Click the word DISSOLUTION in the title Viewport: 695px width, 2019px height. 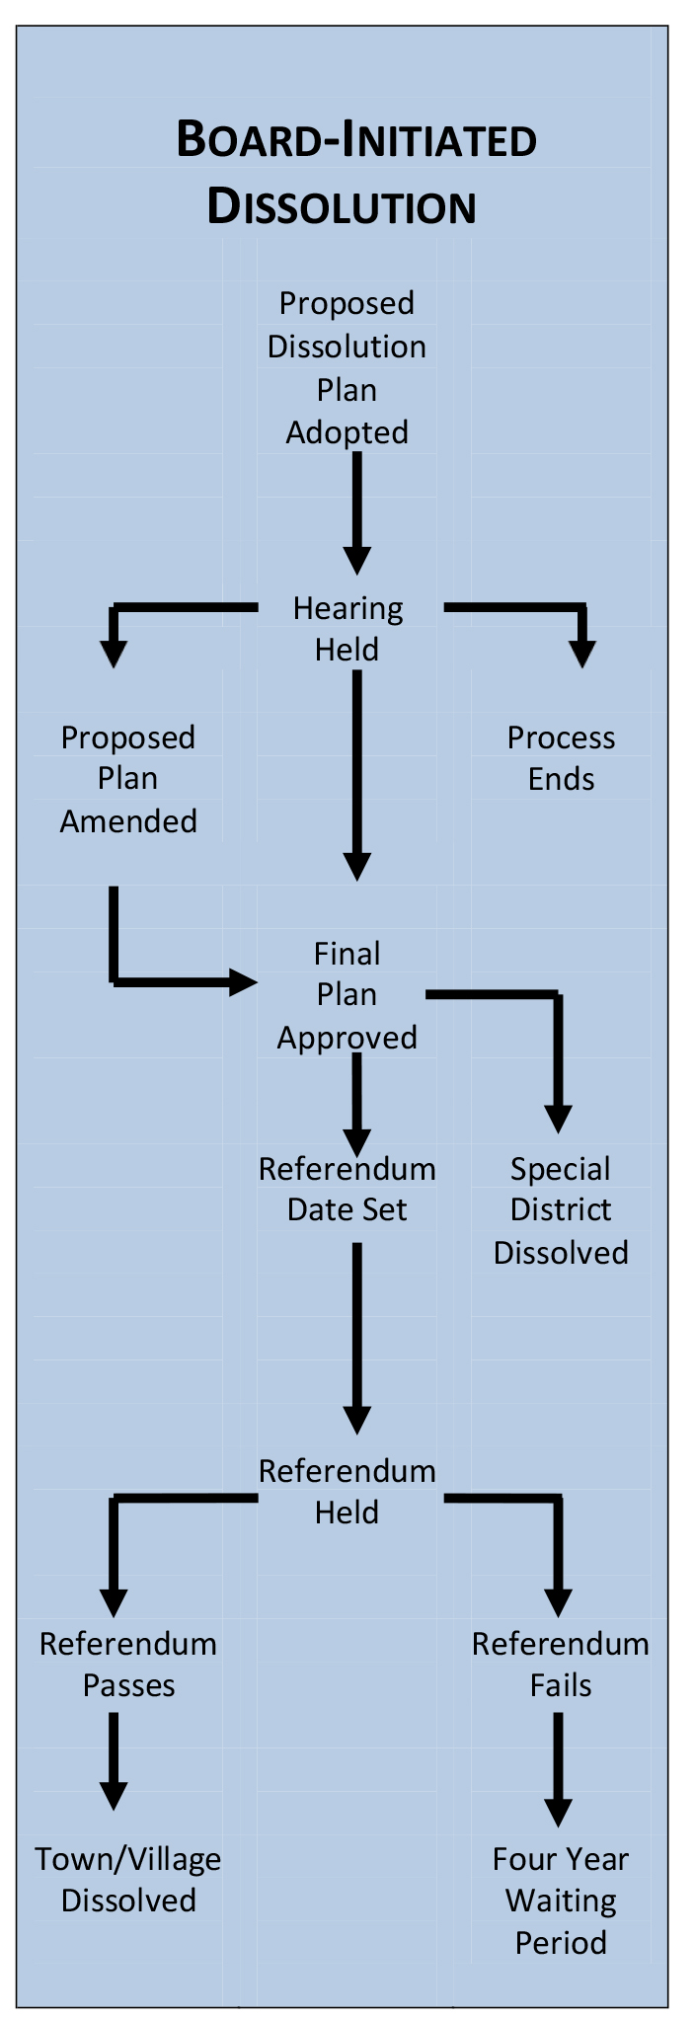342,207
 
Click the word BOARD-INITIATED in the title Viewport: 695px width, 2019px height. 355,139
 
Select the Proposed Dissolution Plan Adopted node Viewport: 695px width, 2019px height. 347,367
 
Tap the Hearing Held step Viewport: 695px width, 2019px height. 347,628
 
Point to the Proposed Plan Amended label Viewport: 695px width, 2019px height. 128,779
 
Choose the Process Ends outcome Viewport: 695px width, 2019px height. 561,758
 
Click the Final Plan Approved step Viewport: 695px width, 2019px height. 347,995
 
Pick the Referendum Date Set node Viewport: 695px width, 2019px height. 347,1189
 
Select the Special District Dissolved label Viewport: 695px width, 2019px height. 561,1209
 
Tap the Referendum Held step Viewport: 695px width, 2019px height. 347,1491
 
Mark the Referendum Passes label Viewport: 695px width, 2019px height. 128,1664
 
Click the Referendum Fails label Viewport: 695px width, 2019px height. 561,1664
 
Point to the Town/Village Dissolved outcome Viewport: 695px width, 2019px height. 128,1879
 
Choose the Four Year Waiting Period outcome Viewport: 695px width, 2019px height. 561,1900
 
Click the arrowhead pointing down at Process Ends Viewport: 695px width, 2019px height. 582,655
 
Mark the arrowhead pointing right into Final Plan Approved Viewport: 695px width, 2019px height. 243,981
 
